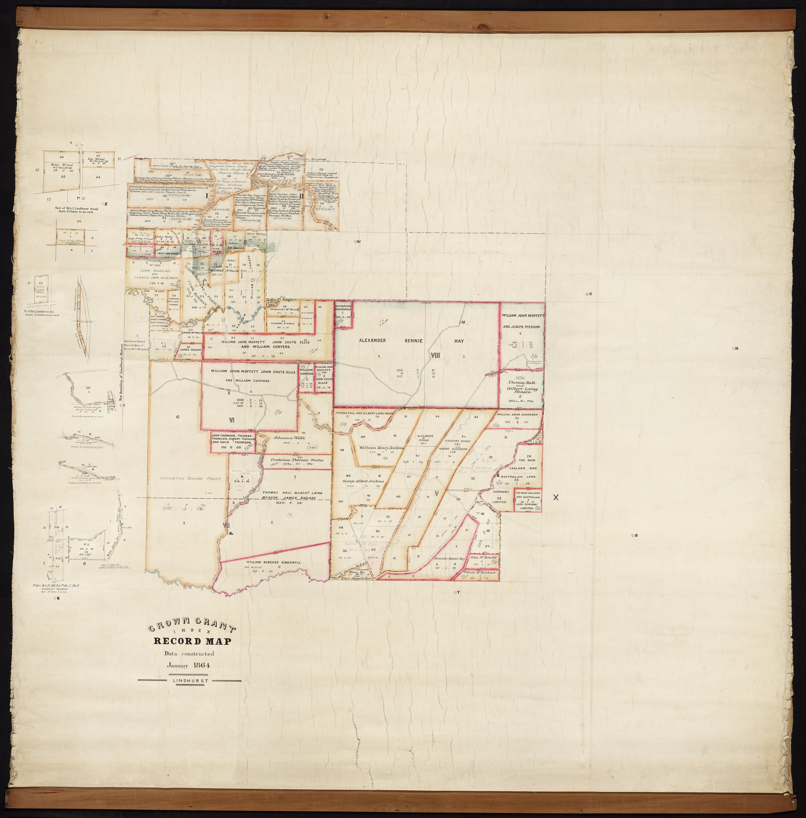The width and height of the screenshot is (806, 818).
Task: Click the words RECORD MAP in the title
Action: [192, 641]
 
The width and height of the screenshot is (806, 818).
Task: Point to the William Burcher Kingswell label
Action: [273, 562]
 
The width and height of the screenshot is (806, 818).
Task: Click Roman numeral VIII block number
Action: [436, 356]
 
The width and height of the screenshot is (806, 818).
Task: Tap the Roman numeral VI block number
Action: [232, 420]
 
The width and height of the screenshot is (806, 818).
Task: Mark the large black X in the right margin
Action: [556, 498]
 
